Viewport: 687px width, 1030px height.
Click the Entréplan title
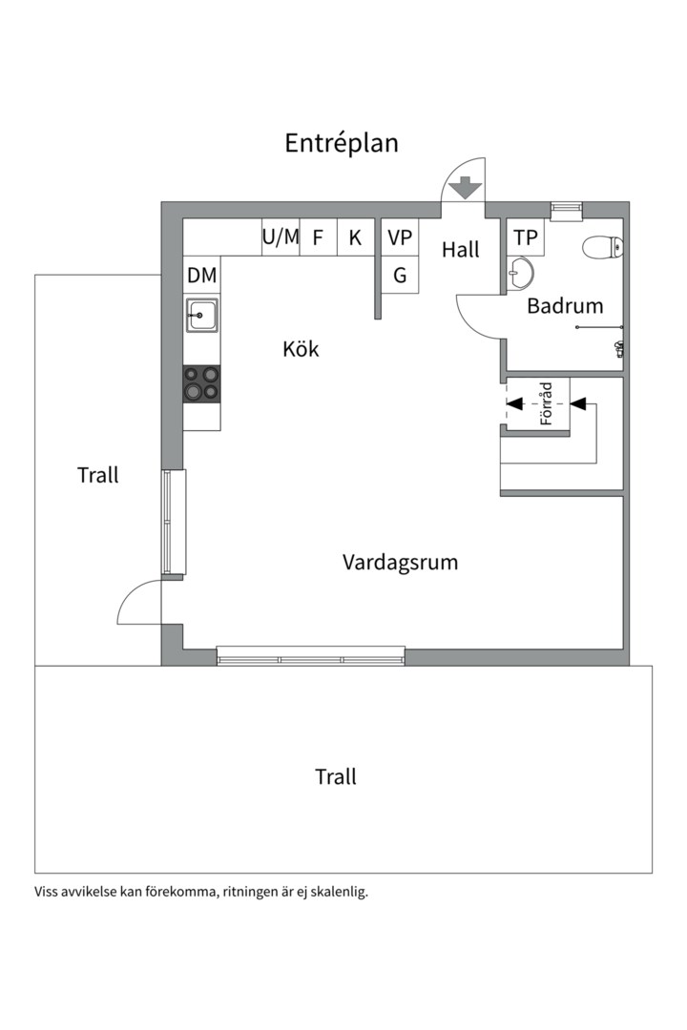342,143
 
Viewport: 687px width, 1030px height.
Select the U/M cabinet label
281,237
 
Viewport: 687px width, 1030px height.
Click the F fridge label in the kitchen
318,237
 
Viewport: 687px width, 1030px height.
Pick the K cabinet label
355,237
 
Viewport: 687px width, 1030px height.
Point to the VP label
400,237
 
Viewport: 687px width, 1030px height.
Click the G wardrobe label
400,275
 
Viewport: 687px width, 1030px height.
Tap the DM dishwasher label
202,276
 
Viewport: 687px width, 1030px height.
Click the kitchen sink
201,316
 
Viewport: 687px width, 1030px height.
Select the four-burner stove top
201,383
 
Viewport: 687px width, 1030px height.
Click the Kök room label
301,348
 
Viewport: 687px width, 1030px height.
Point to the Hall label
460,249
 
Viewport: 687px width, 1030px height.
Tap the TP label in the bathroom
526,237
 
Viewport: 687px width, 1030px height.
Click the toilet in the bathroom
602,247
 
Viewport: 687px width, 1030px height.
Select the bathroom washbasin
520,273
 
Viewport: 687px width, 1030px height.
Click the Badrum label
565,305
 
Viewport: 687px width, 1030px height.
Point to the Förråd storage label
546,403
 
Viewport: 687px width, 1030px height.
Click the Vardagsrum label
400,563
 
